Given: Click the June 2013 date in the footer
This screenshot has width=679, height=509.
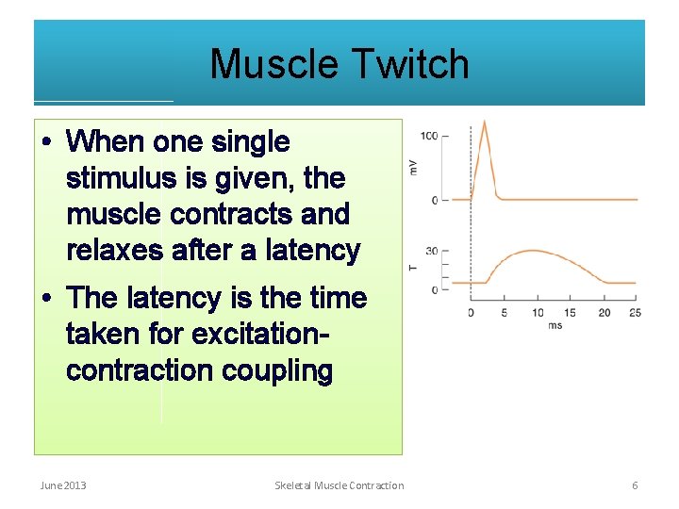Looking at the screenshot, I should pyautogui.click(x=62, y=485).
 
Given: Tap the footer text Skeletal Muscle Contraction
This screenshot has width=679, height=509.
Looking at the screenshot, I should pyautogui.click(x=339, y=485).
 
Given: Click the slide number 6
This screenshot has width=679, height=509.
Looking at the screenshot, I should pyautogui.click(x=635, y=485).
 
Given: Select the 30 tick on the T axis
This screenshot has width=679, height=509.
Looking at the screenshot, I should pyautogui.click(x=431, y=252).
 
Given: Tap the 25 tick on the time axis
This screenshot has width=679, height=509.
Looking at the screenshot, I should pyautogui.click(x=635, y=313).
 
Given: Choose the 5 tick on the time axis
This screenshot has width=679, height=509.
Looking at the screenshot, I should pyautogui.click(x=505, y=313).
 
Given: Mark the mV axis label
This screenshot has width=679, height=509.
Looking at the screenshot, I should pyautogui.click(x=413, y=168).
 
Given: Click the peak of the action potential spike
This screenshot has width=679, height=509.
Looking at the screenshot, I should pyautogui.click(x=485, y=121).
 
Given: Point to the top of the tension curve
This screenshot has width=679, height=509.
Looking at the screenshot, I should pyautogui.click(x=534, y=251).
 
